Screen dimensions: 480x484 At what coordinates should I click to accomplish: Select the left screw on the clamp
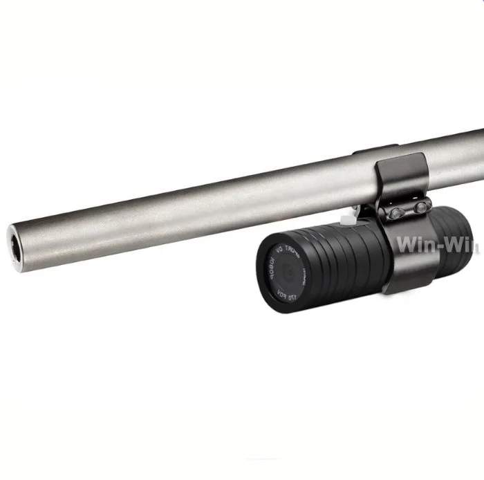395,214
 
